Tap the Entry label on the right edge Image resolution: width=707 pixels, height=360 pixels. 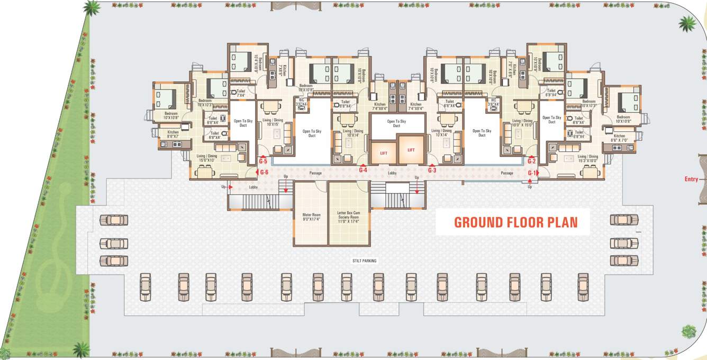[x=691, y=179]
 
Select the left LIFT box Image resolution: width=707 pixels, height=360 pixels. [x=384, y=153]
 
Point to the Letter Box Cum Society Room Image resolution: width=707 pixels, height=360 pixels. [x=348, y=217]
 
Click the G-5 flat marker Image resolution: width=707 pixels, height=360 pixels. [x=263, y=160]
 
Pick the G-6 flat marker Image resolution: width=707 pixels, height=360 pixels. [x=264, y=172]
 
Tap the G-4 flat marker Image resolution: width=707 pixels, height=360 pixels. [x=363, y=170]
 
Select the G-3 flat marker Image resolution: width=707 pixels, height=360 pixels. [x=432, y=170]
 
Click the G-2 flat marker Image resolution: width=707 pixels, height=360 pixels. [x=532, y=161]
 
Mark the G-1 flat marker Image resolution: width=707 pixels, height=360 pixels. [x=532, y=173]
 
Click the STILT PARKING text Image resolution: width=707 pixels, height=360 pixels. [x=365, y=261]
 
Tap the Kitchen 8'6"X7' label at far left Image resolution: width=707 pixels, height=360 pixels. [x=173, y=134]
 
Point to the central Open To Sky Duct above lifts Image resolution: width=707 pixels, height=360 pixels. [x=396, y=123]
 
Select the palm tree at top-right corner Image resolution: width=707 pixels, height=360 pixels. [x=687, y=23]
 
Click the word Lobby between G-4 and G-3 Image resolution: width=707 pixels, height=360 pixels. [x=392, y=173]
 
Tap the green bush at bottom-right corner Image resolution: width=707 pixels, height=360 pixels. [x=688, y=332]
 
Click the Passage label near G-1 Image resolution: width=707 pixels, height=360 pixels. [x=507, y=173]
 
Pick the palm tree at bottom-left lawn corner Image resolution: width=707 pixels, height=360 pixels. [x=81, y=348]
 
